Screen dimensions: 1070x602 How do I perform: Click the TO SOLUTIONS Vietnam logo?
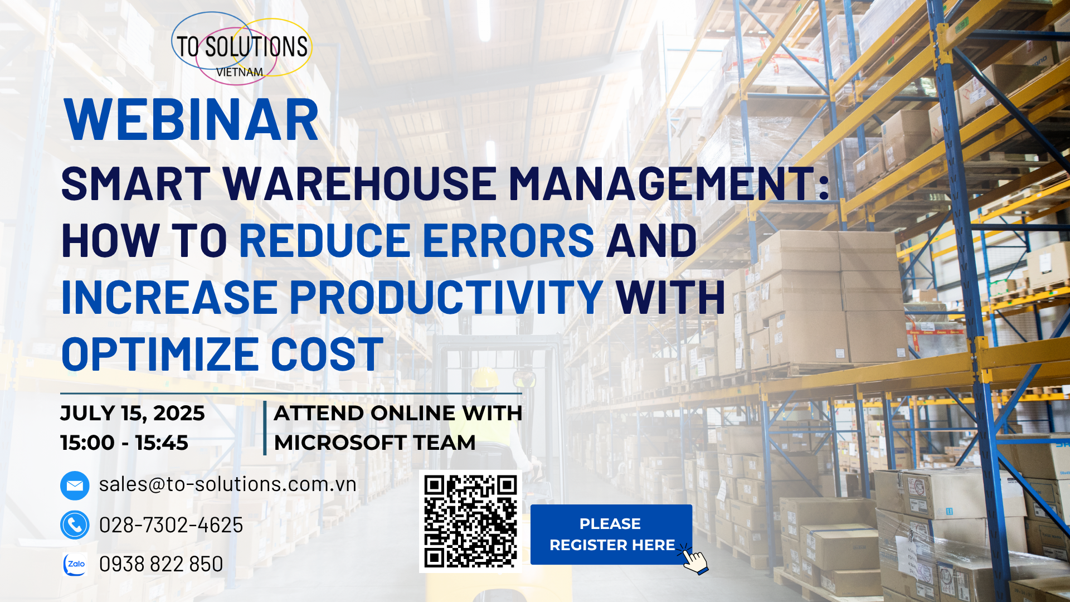pyautogui.click(x=242, y=48)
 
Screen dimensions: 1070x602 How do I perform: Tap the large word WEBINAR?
pyautogui.click(x=192, y=120)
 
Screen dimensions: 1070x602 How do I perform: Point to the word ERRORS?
pyautogui.click(x=509, y=240)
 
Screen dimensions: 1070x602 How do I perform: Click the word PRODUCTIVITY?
pyautogui.click(x=446, y=297)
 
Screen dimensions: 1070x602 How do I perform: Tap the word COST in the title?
pyautogui.click(x=327, y=354)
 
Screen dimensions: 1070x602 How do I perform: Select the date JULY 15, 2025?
pyautogui.click(x=133, y=414)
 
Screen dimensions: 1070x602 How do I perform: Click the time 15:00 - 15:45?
pyautogui.click(x=124, y=443)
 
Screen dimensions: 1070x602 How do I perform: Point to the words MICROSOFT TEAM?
pyautogui.click(x=374, y=443)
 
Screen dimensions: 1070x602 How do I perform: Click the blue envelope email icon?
pyautogui.click(x=75, y=486)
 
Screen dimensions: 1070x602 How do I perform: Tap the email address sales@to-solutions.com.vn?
pyautogui.click(x=227, y=484)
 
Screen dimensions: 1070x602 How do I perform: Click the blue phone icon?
pyautogui.click(x=75, y=525)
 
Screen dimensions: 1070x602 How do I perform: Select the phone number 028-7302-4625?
pyautogui.click(x=171, y=525)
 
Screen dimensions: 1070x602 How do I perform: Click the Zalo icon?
pyautogui.click(x=75, y=564)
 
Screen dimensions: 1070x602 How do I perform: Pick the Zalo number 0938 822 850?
pyautogui.click(x=161, y=564)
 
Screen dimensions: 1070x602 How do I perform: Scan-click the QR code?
pyautogui.click(x=470, y=521)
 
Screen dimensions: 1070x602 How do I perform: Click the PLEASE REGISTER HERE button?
pyautogui.click(x=611, y=535)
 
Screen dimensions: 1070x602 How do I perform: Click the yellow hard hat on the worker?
pyautogui.click(x=485, y=377)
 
